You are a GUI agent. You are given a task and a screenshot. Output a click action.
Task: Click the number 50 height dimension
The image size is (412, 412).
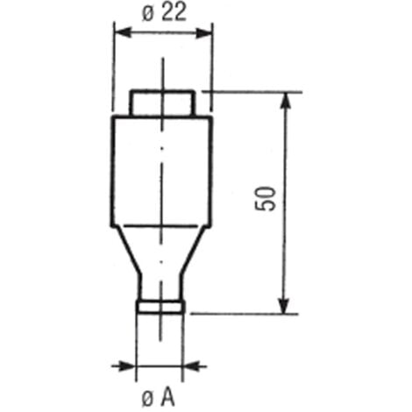pos(270,199)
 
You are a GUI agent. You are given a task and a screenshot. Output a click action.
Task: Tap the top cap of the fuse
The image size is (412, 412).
pos(161,103)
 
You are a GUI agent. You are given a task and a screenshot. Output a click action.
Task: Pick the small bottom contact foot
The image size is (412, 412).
pos(161,306)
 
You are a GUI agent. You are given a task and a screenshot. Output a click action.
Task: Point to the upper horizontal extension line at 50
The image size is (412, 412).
pos(254,91)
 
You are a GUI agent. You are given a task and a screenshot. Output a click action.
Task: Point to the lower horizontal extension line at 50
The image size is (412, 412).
pos(245,313)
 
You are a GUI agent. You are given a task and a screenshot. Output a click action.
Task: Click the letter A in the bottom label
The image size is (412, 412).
pos(170,397)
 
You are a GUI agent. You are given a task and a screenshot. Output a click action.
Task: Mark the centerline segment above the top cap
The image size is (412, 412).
pos(161,72)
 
